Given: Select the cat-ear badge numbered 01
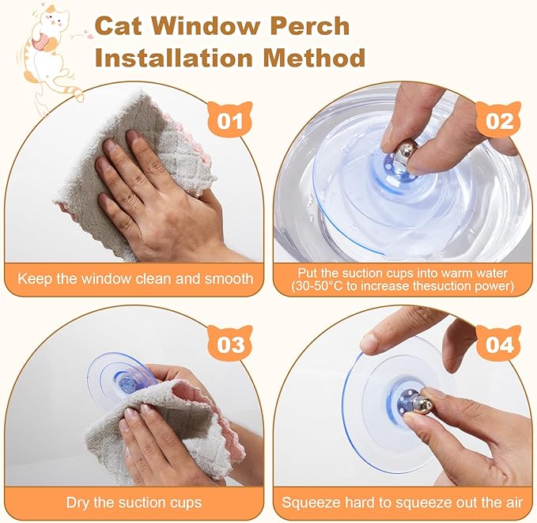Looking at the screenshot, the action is [230, 119].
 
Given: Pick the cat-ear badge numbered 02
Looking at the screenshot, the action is [499, 119].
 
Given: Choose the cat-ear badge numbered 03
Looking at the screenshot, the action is [230, 343].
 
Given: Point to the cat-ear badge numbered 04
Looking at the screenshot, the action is [499, 343].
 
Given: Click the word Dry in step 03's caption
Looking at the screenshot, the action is [78, 502].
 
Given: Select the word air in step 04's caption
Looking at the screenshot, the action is [514, 502].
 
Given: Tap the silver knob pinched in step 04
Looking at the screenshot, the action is [418, 404].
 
